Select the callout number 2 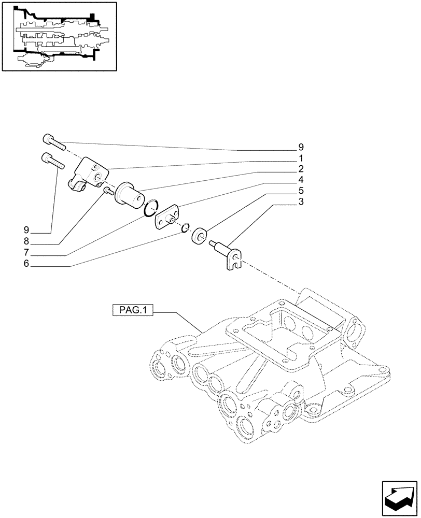point(301,169)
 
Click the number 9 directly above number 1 point(301,147)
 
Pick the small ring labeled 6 point(186,227)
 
